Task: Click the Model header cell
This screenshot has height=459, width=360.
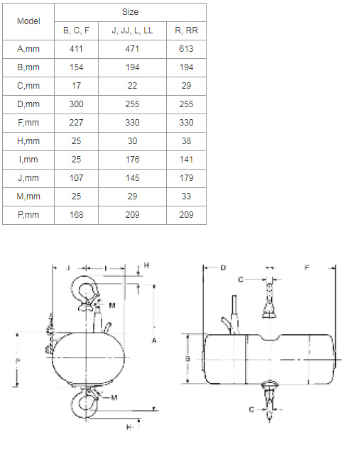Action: tap(28, 21)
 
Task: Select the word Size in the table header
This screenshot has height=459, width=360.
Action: tap(131, 12)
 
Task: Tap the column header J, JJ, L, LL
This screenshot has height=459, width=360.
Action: tap(132, 31)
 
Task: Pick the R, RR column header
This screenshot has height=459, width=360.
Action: tap(186, 31)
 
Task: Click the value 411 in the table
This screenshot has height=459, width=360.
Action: tap(76, 49)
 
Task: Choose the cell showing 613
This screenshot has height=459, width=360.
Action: tap(186, 49)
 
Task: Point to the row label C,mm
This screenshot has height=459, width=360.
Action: tap(28, 86)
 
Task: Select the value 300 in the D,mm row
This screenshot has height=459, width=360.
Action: tap(76, 104)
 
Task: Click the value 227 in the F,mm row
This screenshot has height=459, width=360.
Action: tap(76, 123)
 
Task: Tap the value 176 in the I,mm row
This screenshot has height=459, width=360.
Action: tap(132, 160)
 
